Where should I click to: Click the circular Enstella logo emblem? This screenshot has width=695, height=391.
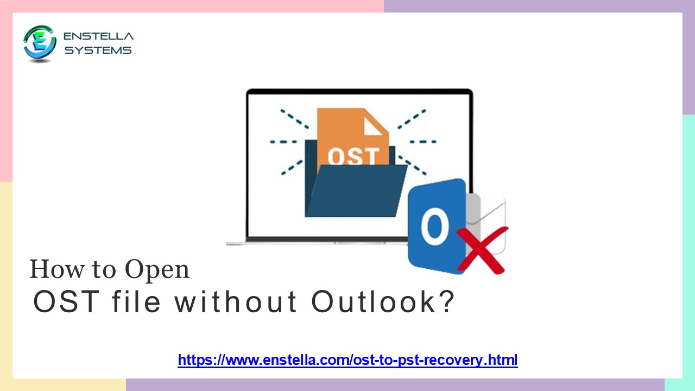40,43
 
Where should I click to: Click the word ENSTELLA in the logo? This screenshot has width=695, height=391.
98,36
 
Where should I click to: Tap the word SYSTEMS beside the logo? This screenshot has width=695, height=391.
98,51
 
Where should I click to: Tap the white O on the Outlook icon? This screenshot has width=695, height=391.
435,229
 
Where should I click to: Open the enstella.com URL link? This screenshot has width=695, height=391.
347,360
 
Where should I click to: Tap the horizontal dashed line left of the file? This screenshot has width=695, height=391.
283,142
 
